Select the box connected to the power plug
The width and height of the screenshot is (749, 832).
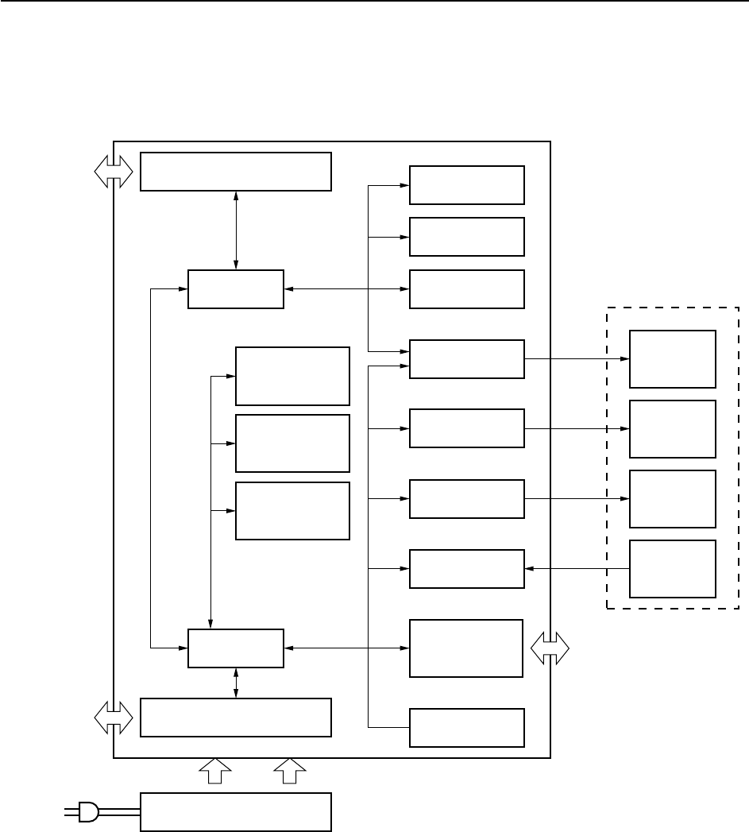pos(235,811)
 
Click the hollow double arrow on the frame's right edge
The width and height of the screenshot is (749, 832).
pos(550,648)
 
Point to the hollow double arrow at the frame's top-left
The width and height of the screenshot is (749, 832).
pos(114,171)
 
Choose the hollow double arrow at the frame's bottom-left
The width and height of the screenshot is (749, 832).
pos(114,718)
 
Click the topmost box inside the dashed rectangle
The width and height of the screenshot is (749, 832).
pos(673,358)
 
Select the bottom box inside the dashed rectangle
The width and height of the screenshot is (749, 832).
pos(673,569)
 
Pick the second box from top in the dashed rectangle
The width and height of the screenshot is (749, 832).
pos(673,429)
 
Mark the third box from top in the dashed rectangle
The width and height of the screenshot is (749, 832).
pos(673,499)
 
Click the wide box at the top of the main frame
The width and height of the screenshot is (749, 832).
pos(235,172)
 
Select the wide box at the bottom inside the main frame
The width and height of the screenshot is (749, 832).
pos(235,718)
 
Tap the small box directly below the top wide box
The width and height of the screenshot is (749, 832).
pos(235,289)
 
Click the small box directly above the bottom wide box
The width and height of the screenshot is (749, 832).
pos(235,648)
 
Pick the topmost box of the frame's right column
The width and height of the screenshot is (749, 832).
pos(467,185)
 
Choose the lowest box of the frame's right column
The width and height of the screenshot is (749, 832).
pos(467,727)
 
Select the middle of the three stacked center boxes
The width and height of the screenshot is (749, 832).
pos(292,443)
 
